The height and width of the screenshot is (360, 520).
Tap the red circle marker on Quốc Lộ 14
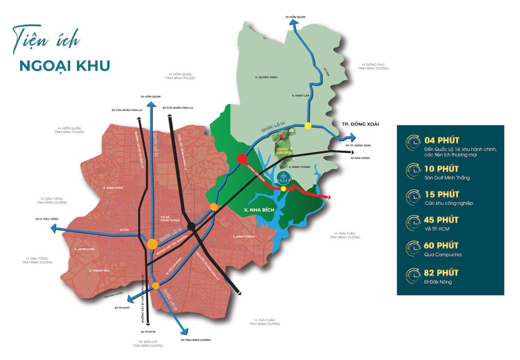(x=242, y=159)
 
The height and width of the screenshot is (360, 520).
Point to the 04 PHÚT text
(x=442, y=141)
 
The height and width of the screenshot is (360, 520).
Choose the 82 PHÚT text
(x=441, y=273)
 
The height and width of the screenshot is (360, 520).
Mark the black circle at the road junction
(x=192, y=226)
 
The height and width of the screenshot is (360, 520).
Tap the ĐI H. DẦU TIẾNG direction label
(x=47, y=219)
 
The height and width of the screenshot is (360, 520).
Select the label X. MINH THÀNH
(x=244, y=237)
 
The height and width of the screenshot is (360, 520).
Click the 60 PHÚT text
(x=441, y=246)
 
